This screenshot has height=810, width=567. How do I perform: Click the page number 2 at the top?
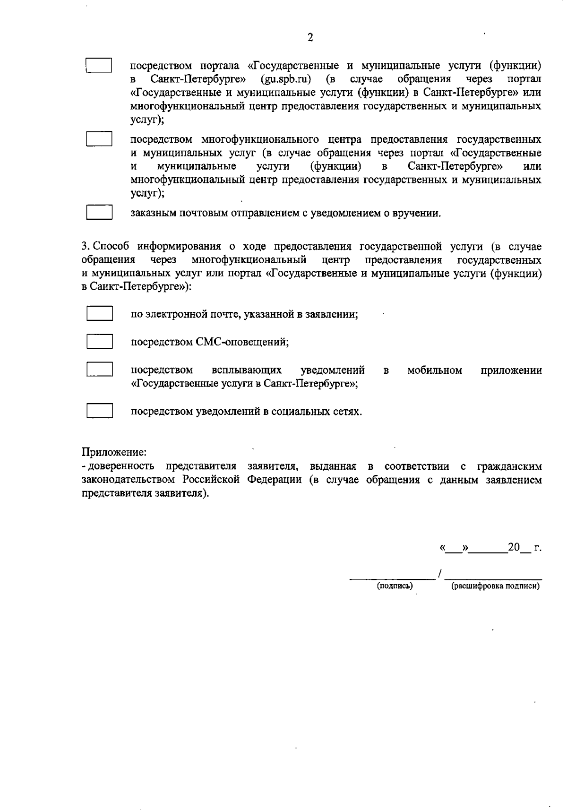pos(310,38)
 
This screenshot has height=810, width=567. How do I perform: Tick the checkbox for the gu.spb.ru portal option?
pos(99,65)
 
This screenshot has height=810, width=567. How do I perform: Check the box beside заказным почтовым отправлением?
pos(99,213)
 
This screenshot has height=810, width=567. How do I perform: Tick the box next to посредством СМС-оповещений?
pos(99,341)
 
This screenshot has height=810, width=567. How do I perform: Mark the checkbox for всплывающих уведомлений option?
pos(99,369)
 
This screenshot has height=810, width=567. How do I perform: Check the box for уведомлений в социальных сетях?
pos(99,411)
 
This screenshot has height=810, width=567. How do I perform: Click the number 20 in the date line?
pos(513,548)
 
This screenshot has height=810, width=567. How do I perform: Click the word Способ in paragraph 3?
pos(111,246)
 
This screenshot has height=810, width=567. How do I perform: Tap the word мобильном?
pos(434,370)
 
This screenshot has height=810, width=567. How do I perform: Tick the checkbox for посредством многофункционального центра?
pos(99,139)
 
